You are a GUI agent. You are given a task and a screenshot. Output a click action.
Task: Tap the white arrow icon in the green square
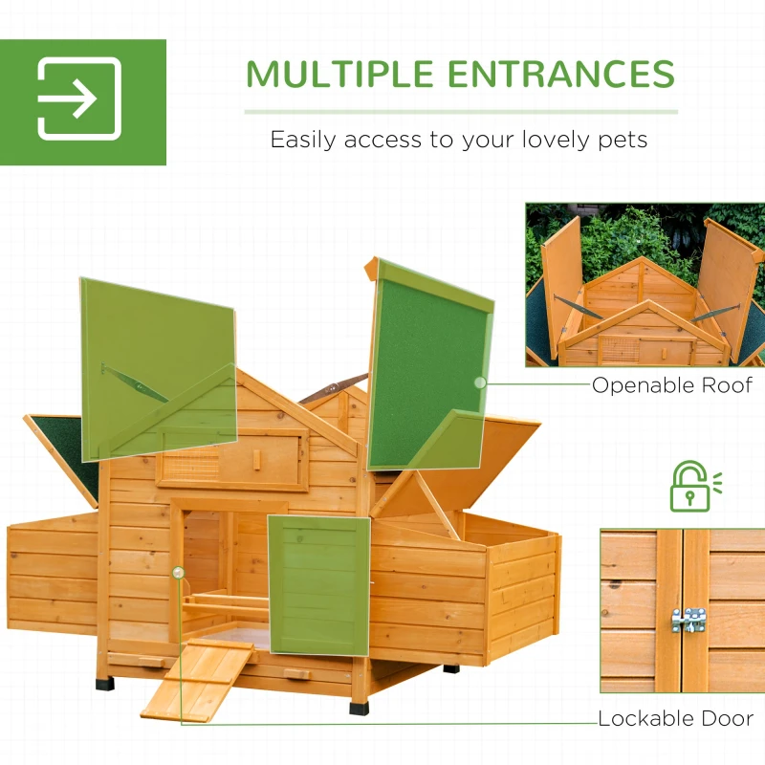pos(79,99)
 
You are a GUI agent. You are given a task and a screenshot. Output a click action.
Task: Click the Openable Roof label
pos(671,385)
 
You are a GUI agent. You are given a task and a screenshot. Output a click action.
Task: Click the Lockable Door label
pos(675,718)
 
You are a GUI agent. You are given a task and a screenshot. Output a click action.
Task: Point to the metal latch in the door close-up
pos(688,620)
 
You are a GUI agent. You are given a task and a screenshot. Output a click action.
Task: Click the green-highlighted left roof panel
pos(158,363)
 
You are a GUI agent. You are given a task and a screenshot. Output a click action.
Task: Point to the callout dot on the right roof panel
pos(479,382)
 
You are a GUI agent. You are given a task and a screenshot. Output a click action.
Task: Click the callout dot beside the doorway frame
pos(177,572)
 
